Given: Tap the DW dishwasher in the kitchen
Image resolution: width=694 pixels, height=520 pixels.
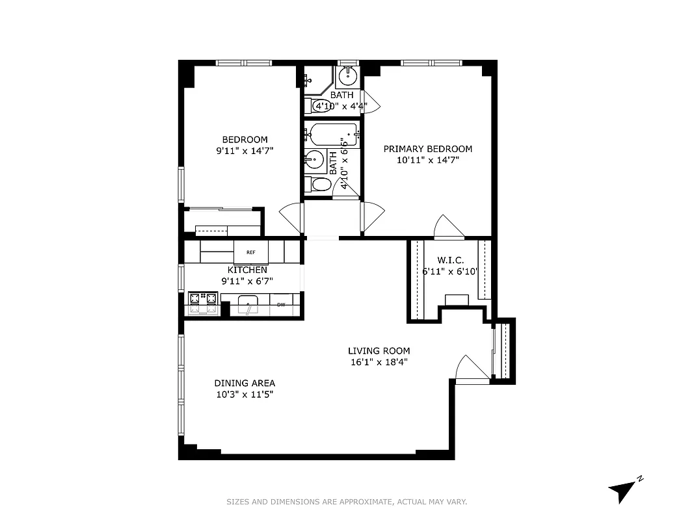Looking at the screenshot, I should pos(282,304).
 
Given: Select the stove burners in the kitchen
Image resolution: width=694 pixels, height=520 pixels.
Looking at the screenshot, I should pos(202,300).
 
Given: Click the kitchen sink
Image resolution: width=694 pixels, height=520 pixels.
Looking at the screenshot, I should pos(248,304).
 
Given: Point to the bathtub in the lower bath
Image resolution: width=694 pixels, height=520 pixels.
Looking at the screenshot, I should pos(333,135).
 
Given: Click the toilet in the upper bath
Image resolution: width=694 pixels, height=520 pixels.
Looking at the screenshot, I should pos(321,105).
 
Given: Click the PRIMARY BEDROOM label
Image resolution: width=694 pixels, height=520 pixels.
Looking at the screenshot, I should pos(427,149).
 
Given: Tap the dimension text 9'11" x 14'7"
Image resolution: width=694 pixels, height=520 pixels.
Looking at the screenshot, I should pos(245,151).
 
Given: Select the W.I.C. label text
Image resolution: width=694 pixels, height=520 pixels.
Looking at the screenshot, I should pos(450,260).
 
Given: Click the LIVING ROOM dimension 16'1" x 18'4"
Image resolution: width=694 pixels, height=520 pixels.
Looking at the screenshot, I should pos(379,363).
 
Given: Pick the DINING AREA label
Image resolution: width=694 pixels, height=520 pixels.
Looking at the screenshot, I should pos(245,383).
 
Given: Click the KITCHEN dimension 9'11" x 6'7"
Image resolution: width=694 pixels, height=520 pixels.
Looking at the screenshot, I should pos(247,281).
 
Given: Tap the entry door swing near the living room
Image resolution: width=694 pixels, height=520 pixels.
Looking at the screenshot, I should pos(470,369).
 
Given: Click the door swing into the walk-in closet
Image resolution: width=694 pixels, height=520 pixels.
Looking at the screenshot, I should pos(447,227).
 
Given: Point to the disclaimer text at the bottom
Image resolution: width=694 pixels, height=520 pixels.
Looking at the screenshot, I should pos(347,502).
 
